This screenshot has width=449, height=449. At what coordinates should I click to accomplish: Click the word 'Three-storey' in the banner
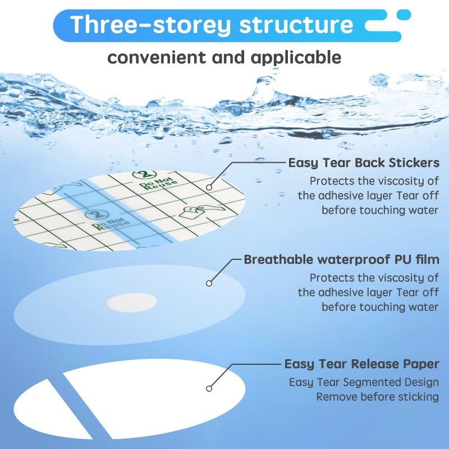coord(150,25)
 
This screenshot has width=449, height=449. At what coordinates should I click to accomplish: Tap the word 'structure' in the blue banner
coord(296,25)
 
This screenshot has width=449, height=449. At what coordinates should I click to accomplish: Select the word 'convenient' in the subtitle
coord(157,57)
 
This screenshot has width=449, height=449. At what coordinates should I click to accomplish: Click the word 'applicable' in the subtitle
coord(296,58)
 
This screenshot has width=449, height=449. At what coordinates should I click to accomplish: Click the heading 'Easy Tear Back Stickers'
coord(364,163)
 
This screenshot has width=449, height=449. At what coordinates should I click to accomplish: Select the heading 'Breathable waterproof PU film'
coord(341,259)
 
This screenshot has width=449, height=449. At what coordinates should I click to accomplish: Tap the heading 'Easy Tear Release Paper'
coord(361,364)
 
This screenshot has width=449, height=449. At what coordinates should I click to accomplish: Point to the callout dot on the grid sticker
coord(209,187)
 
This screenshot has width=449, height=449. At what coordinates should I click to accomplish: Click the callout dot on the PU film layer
coord(209,283)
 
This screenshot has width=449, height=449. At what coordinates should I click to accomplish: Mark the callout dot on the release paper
coord(209,388)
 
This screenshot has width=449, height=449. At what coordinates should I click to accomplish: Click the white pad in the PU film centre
coord(132,303)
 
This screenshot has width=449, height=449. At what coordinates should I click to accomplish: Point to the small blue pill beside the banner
coord(404,15)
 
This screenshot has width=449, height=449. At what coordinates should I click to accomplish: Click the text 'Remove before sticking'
coord(377,397)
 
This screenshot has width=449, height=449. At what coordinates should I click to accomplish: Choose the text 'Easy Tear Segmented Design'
coord(364,382)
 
